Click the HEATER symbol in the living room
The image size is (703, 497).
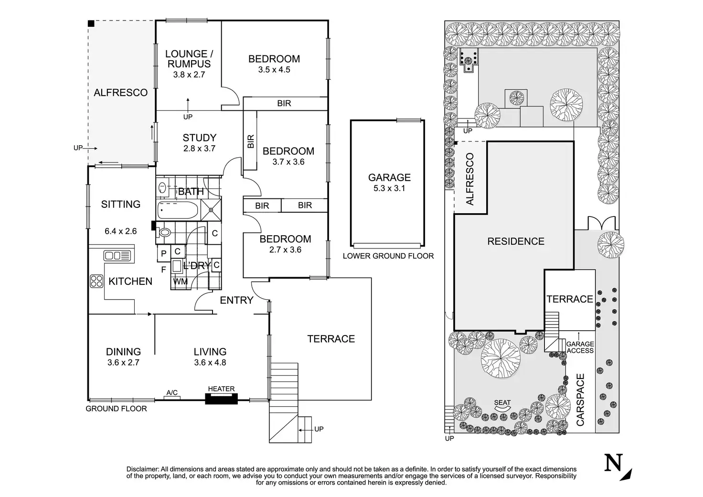[x=221, y=399]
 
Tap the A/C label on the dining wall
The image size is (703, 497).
[x=172, y=393]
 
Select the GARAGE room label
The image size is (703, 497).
[x=389, y=177]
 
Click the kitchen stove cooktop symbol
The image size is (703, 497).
[x=96, y=281]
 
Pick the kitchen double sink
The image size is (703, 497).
[x=117, y=256]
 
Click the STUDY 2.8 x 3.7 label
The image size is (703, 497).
[x=199, y=143]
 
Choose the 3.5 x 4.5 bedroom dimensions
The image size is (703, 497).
[x=274, y=70]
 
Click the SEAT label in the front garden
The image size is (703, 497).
[x=502, y=403]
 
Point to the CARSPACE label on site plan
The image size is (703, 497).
[x=580, y=400]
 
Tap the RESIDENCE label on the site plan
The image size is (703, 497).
[x=516, y=241]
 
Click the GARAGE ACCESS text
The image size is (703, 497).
[x=580, y=347]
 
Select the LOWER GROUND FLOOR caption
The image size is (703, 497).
[x=388, y=256]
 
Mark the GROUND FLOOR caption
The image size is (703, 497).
[x=116, y=409]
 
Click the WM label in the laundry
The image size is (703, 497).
[x=180, y=281]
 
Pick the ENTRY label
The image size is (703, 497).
[x=236, y=300]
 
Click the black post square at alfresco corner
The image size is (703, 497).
[x=91, y=23]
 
